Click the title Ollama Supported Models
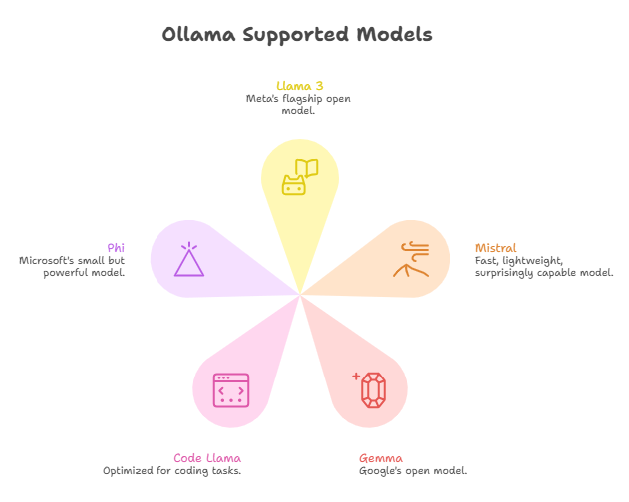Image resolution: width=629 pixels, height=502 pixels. point(297,35)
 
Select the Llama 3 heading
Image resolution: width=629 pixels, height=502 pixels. point(299,86)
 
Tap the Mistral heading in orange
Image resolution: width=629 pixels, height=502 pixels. point(495,247)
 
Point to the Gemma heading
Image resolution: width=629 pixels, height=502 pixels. point(381,458)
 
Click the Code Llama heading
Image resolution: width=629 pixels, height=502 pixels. point(207,458)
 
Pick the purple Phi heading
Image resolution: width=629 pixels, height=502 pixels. point(116,247)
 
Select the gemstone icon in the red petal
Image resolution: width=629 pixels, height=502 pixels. point(375,389)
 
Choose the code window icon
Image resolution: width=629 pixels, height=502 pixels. point(230,389)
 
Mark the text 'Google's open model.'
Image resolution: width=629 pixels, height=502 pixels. point(413,470)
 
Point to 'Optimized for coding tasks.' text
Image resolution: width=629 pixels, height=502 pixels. point(172,470)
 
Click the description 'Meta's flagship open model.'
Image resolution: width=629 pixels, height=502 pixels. point(299,104)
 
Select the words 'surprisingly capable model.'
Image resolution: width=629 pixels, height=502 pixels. point(544,272)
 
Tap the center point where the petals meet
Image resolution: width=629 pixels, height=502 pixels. point(300,294)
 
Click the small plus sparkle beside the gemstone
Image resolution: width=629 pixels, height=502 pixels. point(356,376)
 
